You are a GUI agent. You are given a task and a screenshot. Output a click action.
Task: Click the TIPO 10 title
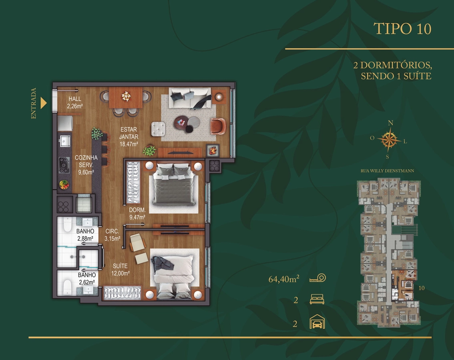(x=402, y=29)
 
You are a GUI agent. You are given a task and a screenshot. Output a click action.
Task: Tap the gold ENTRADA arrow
(x=43, y=103)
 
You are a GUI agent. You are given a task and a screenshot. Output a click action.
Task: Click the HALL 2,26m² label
(x=75, y=102)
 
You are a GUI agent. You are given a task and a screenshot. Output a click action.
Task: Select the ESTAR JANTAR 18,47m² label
(x=129, y=136)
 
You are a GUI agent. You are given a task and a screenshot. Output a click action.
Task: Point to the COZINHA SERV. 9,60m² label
(x=86, y=165)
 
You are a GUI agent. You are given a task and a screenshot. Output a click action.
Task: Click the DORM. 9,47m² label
(x=137, y=214)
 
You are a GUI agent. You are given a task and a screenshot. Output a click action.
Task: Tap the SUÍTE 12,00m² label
(x=120, y=270)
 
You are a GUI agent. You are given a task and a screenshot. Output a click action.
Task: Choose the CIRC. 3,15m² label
(x=112, y=235)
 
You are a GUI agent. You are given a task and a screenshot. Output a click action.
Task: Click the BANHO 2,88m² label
(x=85, y=235)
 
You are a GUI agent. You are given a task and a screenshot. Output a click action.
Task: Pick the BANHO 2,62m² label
(x=87, y=278)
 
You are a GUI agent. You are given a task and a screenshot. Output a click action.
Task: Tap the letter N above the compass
(x=390, y=123)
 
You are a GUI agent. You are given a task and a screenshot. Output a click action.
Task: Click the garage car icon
(x=317, y=322)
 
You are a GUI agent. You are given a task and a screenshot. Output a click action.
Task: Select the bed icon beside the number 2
(x=317, y=299)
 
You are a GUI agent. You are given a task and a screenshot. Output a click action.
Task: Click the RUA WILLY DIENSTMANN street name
(x=387, y=171)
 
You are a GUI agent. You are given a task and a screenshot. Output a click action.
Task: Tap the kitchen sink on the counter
(x=65, y=141)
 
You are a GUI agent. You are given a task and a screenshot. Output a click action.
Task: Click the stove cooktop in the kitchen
(x=64, y=165)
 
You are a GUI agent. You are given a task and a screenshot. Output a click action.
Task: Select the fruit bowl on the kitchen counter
(x=64, y=185)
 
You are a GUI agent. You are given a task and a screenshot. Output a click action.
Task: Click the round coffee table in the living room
(x=181, y=122)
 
